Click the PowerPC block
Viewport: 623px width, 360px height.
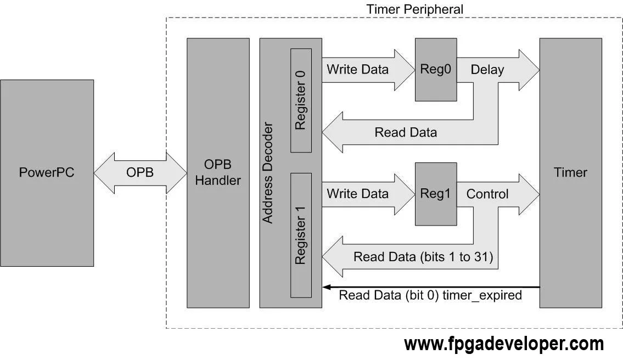[47, 172]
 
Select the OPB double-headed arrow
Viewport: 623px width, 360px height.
[140, 172]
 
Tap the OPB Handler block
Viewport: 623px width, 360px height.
[218, 172]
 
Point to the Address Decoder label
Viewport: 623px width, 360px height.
[267, 172]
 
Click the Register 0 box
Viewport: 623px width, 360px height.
[301, 100]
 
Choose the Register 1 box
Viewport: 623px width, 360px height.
[301, 235]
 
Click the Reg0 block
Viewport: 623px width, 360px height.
[436, 70]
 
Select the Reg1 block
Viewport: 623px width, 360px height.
[436, 194]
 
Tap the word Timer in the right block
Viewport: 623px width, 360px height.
[570, 172]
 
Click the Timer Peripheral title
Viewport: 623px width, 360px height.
[414, 9]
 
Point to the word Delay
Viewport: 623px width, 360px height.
[487, 70]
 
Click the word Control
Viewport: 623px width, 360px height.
[487, 194]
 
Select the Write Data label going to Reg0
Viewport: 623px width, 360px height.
[357, 70]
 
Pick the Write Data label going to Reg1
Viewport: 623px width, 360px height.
[357, 194]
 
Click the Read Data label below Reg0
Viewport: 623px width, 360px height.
[406, 132]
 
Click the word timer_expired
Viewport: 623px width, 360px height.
[484, 295]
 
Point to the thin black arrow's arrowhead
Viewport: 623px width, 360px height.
[326, 287]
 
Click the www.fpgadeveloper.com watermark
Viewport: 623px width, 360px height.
[503, 344]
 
